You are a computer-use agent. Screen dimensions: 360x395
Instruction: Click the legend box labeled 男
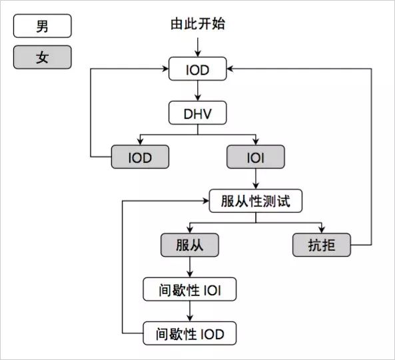point(42,27)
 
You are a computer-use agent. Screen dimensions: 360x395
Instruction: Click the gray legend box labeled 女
point(42,57)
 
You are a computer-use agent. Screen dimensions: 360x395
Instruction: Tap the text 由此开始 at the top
point(198,25)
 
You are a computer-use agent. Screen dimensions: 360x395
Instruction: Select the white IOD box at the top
point(198,69)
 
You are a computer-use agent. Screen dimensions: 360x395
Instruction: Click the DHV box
point(198,113)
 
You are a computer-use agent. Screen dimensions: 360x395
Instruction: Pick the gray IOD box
point(140,157)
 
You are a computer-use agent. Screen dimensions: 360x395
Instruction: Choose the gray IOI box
point(256,157)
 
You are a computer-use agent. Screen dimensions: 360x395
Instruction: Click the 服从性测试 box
point(256,201)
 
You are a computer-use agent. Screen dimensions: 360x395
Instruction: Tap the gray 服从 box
point(190,246)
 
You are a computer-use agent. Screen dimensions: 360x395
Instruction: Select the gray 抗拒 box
point(322,246)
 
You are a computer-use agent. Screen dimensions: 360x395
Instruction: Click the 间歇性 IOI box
point(190,289)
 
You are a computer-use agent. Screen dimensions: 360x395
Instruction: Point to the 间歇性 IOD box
point(190,333)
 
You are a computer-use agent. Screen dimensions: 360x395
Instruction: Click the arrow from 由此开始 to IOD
point(198,47)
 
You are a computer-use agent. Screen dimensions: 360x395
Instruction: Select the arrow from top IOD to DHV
point(198,91)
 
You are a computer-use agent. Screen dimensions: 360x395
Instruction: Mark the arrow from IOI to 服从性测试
point(256,179)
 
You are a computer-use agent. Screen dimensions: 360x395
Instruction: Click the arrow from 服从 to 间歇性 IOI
point(190,268)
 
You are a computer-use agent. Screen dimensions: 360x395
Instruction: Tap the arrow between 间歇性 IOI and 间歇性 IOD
point(190,311)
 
